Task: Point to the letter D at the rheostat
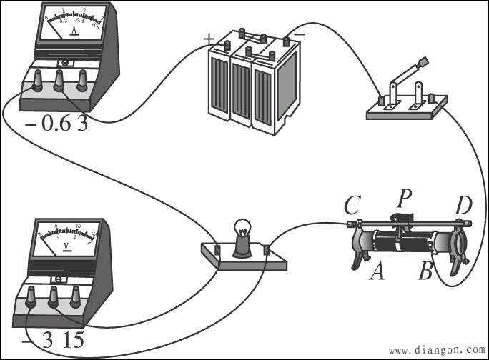pos(463,206)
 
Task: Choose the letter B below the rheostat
pos(426,271)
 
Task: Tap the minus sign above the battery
pos(300,34)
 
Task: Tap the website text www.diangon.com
pos(435,351)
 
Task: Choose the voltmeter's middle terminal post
pos(52,299)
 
